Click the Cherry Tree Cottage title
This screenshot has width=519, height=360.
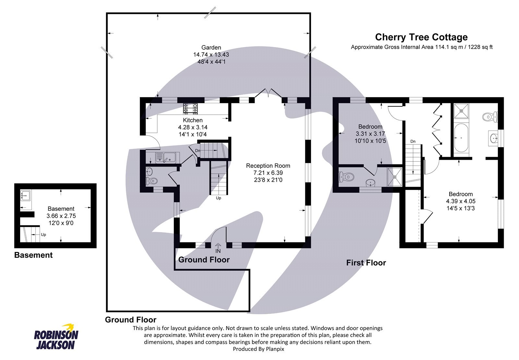(x=421, y=37)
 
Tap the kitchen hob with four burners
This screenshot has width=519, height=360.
(x=190, y=109)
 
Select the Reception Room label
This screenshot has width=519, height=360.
(x=268, y=166)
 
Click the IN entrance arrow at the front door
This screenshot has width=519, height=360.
(x=218, y=249)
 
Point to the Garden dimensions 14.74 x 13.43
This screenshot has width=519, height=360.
(x=211, y=55)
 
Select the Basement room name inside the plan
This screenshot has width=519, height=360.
(x=61, y=209)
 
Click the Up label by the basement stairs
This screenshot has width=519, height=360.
(x=43, y=234)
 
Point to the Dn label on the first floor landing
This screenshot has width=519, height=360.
(x=413, y=141)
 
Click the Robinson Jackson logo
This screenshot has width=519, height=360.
(x=56, y=338)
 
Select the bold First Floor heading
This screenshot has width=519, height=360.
(x=366, y=263)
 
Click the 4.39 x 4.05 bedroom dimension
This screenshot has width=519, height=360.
(x=461, y=201)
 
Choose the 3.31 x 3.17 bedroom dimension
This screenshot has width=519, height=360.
(x=370, y=134)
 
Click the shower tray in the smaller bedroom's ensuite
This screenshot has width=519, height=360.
(x=395, y=177)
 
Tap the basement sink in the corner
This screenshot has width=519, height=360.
(x=26, y=196)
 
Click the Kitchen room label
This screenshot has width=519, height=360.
(x=193, y=120)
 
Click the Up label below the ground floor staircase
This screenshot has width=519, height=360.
(x=218, y=198)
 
